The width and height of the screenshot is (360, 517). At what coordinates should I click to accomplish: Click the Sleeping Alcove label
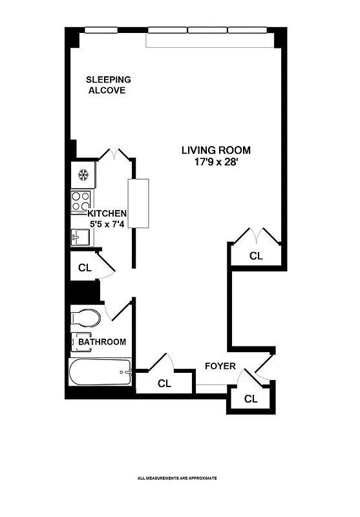109,85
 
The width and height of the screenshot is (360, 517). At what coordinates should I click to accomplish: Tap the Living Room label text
215,150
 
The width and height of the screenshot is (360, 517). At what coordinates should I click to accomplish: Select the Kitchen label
107,213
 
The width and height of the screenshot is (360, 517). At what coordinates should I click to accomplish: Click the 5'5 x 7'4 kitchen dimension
107,224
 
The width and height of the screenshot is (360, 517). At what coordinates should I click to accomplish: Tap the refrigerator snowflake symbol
83,174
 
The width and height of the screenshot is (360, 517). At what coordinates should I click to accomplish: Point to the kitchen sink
80,238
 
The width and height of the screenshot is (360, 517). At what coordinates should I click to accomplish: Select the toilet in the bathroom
86,318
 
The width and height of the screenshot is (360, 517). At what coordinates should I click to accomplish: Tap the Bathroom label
102,342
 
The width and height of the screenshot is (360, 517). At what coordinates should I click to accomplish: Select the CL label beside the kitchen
84,268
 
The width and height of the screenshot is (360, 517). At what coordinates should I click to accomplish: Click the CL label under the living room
257,256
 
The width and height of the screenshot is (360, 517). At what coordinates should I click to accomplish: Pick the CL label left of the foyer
164,383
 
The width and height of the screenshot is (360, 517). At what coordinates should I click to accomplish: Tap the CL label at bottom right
251,399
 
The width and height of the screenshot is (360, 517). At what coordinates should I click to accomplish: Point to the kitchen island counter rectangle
138,203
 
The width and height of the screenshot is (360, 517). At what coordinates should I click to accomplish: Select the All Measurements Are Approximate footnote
177,478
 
